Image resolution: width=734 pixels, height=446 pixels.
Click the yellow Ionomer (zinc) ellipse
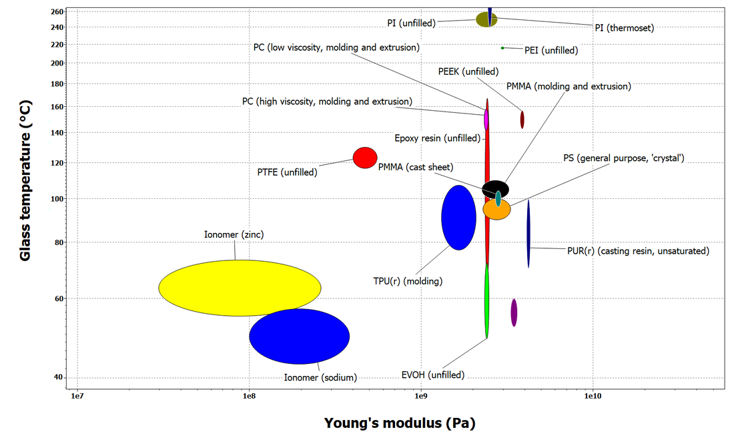click(x=240, y=288)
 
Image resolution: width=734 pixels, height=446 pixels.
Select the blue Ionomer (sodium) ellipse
click(x=299, y=337)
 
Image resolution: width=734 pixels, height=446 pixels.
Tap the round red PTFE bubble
click(x=365, y=158)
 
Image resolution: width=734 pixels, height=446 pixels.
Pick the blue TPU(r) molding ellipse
click(x=459, y=218)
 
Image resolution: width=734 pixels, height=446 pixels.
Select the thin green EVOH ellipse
click(x=487, y=300)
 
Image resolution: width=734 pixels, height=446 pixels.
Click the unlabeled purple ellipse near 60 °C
click(x=514, y=312)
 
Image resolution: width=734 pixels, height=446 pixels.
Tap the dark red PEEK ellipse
click(x=522, y=120)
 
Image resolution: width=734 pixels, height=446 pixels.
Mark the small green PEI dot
click(x=502, y=48)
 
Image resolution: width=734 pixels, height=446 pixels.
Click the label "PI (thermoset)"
click(x=625, y=28)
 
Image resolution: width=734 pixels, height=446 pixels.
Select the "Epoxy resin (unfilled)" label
click(x=438, y=138)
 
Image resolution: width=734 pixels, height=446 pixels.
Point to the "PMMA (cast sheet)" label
click(x=416, y=167)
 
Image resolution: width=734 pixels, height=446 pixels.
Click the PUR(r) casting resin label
click(x=638, y=251)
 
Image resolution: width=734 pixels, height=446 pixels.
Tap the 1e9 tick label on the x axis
click(x=421, y=396)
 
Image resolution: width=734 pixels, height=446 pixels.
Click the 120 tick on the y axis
click(x=57, y=163)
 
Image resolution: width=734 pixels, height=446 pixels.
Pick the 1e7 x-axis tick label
click(x=77, y=396)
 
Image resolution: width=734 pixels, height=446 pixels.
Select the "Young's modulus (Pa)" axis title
click(x=400, y=423)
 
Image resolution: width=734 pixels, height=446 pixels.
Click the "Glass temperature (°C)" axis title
click(x=25, y=180)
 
